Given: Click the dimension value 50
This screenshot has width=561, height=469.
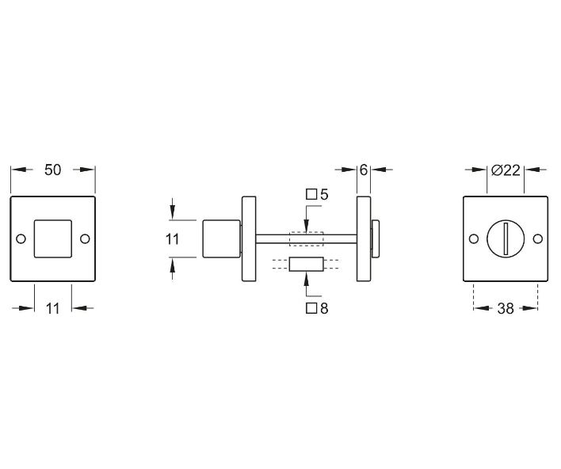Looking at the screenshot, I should click(52, 170).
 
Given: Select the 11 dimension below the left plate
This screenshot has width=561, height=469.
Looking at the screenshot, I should click(52, 309).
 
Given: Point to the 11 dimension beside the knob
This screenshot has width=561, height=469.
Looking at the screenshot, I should click(173, 238).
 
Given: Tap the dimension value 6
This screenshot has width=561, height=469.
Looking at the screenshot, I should click(364, 170).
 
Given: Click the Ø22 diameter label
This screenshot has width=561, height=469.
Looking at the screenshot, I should click(505, 170).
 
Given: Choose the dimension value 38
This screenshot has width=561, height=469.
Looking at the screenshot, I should click(505, 309).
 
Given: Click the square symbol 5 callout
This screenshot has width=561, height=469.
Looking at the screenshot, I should click(317, 194).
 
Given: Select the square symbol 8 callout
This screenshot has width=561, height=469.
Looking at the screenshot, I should click(317, 309).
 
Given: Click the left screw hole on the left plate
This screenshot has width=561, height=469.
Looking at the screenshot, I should click(21, 238).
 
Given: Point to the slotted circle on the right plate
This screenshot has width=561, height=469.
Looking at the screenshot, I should click(505, 238).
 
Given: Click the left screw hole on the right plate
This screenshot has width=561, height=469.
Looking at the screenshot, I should click(474, 238).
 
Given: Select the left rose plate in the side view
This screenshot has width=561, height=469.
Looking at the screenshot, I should click(248, 238).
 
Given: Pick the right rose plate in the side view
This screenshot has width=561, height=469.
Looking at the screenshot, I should click(364, 238).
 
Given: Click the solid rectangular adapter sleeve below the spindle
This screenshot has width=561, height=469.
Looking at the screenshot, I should click(306, 265).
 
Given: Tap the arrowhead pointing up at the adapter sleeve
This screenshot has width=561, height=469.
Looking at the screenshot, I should click(306, 278).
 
